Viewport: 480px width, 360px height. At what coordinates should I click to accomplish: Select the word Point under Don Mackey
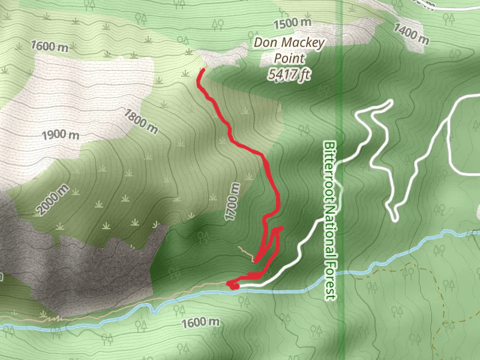[289, 58]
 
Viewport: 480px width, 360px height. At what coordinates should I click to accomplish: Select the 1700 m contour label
[233, 202]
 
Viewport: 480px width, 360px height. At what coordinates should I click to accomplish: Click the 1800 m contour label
[140, 121]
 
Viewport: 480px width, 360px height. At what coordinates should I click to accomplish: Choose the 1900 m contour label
[62, 134]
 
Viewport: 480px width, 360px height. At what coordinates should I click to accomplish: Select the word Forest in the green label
[331, 277]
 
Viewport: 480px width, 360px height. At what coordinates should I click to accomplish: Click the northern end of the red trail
[202, 71]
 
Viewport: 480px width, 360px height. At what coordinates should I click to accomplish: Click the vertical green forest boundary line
[341, 90]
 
